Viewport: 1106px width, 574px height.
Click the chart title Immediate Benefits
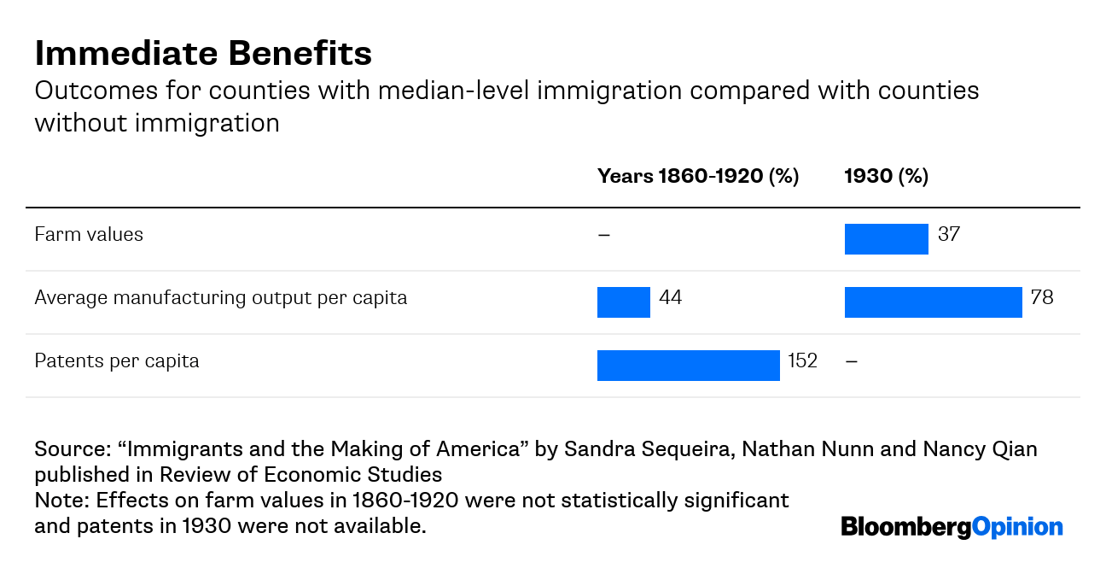point(203,54)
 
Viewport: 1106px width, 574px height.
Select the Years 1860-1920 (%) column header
point(697,177)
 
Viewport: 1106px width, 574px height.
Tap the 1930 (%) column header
point(886,177)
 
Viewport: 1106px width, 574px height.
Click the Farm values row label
point(89,235)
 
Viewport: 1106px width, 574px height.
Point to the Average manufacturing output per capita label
point(220,298)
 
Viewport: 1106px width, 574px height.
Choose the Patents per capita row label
point(117,361)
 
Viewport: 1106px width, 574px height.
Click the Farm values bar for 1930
point(886,239)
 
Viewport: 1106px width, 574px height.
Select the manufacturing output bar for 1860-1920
point(623,302)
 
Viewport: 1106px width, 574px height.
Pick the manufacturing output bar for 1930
point(933,302)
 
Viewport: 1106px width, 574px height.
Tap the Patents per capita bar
point(688,366)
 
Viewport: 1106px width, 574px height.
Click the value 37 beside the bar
point(948,234)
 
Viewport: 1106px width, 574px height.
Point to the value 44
point(670,297)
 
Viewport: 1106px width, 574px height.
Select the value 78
point(1042,297)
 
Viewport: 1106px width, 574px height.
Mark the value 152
point(802,360)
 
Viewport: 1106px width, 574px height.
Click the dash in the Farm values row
point(604,235)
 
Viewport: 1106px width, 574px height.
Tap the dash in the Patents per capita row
point(851,361)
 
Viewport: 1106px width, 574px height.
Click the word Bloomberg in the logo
point(906,527)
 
